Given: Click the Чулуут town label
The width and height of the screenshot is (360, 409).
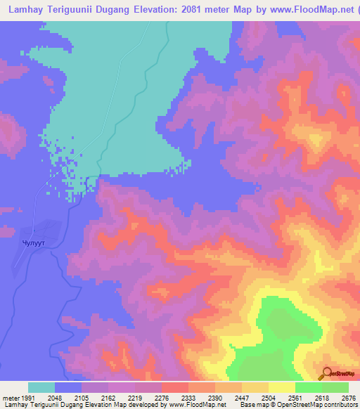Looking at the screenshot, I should pyautogui.click(x=33, y=245).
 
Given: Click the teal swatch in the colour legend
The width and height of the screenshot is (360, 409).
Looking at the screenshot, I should pyautogui.click(x=41, y=388).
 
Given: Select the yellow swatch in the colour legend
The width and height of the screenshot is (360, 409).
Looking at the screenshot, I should pyautogui.click(x=281, y=388).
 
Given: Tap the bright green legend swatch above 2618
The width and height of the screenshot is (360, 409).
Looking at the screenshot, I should pyautogui.click(x=308, y=388).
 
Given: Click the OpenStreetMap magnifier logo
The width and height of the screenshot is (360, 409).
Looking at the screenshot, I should pyautogui.click(x=326, y=372).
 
